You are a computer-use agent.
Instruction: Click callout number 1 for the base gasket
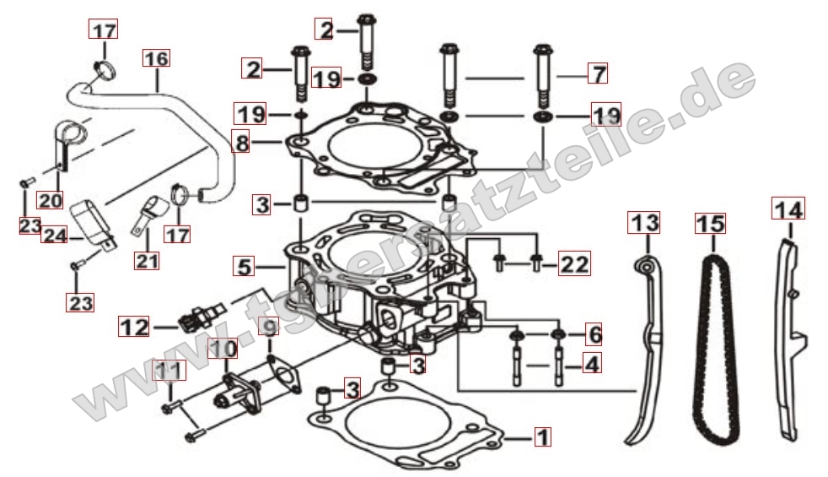(x=543, y=437)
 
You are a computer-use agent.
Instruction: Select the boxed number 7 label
(x=596, y=73)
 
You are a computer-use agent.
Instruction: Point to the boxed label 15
(x=710, y=225)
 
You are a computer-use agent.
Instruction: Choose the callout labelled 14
(x=788, y=208)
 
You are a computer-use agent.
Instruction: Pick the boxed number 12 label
(x=134, y=325)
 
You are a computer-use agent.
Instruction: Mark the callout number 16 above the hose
(x=156, y=59)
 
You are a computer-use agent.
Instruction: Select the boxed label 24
(x=56, y=236)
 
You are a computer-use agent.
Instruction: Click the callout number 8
(x=243, y=144)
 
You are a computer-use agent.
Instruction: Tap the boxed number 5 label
(x=244, y=268)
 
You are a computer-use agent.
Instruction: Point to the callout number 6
(x=594, y=334)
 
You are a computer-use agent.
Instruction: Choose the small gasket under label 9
(x=284, y=375)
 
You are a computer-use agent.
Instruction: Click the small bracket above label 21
(x=149, y=211)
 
